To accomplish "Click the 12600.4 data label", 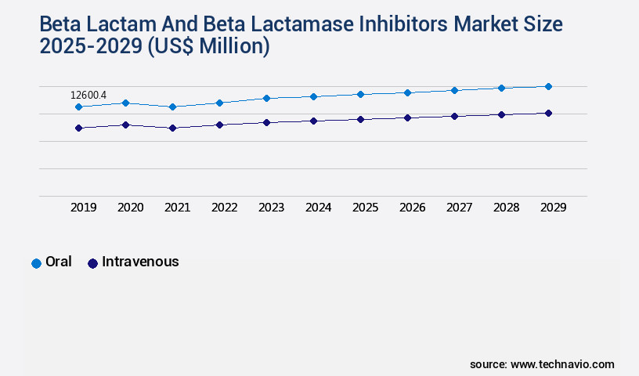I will click(88, 96).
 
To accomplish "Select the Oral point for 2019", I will click(78, 107).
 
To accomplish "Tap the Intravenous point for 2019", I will click(78, 128).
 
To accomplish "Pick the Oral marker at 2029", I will click(548, 86).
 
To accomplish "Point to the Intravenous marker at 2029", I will click(548, 113).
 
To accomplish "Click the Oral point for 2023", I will click(266, 98).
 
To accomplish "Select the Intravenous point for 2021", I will click(172, 128).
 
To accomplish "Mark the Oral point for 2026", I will click(407, 92).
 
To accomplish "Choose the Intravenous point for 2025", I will click(360, 119).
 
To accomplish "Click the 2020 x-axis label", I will click(130, 208).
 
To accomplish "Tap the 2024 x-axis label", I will click(318, 208).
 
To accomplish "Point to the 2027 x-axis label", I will click(459, 208).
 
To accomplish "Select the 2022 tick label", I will click(224, 208).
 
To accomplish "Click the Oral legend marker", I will click(36, 263).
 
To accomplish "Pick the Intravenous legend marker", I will click(92, 263).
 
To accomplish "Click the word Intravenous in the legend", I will click(140, 262).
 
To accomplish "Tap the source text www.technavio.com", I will click(562, 364).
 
